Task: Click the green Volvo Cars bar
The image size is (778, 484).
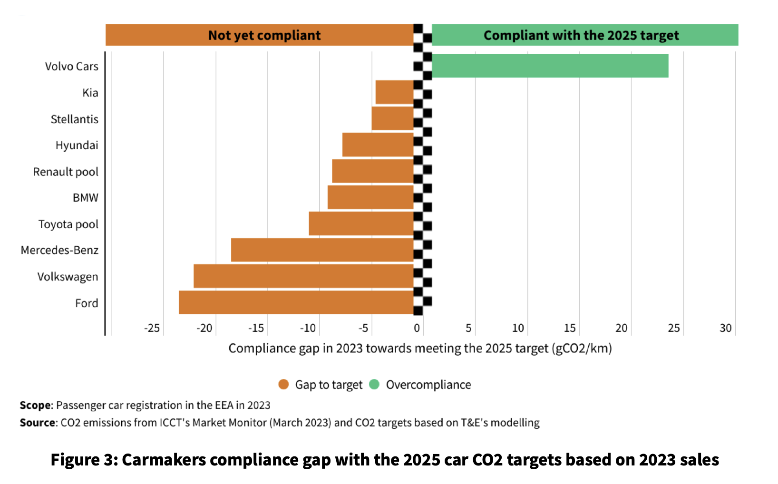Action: (550, 66)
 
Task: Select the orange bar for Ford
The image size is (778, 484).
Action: (296, 302)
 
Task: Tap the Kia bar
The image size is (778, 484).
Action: (395, 92)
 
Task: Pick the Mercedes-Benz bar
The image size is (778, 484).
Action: (322, 250)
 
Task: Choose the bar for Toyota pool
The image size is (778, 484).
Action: (361, 223)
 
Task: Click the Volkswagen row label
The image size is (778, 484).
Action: (68, 277)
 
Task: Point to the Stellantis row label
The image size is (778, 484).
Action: (75, 119)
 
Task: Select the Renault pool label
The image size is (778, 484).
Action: (66, 172)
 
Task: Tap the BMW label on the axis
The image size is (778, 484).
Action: (86, 198)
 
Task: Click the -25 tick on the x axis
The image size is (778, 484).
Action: (152, 328)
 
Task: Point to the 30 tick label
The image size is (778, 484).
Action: (726, 328)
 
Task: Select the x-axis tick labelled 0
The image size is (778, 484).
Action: (417, 328)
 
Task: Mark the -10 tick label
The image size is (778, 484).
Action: (308, 328)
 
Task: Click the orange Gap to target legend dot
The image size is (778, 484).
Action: (284, 384)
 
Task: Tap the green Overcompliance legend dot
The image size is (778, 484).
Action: (374, 384)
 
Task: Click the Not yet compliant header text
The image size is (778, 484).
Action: (264, 35)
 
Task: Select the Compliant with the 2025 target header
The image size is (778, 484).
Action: (581, 35)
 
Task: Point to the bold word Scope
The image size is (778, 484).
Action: (35, 405)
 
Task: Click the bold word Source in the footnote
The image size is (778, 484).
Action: (38, 423)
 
